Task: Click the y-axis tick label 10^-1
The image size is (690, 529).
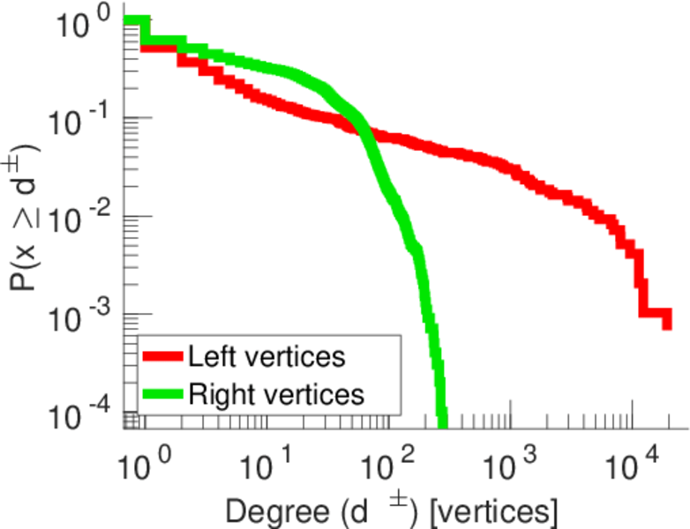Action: [83, 118]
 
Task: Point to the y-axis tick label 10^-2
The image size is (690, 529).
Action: [83, 216]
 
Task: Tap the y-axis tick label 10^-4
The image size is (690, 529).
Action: [83, 412]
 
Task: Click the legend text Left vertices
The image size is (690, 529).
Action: [266, 357]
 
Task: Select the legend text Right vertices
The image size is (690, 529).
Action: [276, 393]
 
